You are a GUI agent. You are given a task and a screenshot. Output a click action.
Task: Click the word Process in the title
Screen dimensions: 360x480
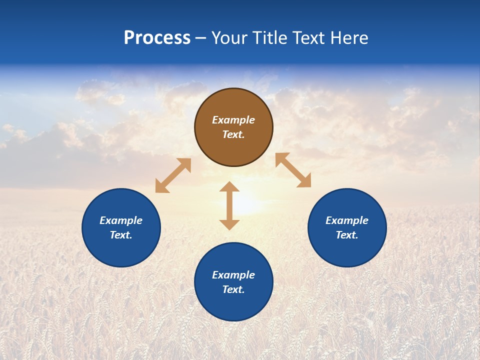tap(157, 38)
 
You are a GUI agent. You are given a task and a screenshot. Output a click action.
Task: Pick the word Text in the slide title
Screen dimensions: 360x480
tap(310, 38)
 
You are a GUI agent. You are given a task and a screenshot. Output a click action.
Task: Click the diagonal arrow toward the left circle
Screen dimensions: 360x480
tap(173, 175)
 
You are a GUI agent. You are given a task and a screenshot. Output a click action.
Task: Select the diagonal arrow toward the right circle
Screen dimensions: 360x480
tap(293, 170)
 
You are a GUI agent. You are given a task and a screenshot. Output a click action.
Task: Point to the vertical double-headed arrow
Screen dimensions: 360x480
tap(229, 205)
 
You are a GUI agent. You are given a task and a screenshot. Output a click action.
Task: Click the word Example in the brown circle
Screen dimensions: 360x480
tap(233, 120)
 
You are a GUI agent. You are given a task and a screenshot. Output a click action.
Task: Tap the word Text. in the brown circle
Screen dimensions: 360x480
tap(233, 134)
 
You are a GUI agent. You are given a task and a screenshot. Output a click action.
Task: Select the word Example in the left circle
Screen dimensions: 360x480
tap(121, 220)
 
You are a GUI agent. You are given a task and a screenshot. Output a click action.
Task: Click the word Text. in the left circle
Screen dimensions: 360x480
tap(121, 235)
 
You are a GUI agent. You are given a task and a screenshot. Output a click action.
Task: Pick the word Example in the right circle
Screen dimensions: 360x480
tap(347, 220)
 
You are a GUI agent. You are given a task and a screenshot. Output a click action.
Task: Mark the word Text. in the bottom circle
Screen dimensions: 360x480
tap(233, 289)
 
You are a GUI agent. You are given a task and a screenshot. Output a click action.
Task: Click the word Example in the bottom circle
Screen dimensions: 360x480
tap(233, 275)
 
